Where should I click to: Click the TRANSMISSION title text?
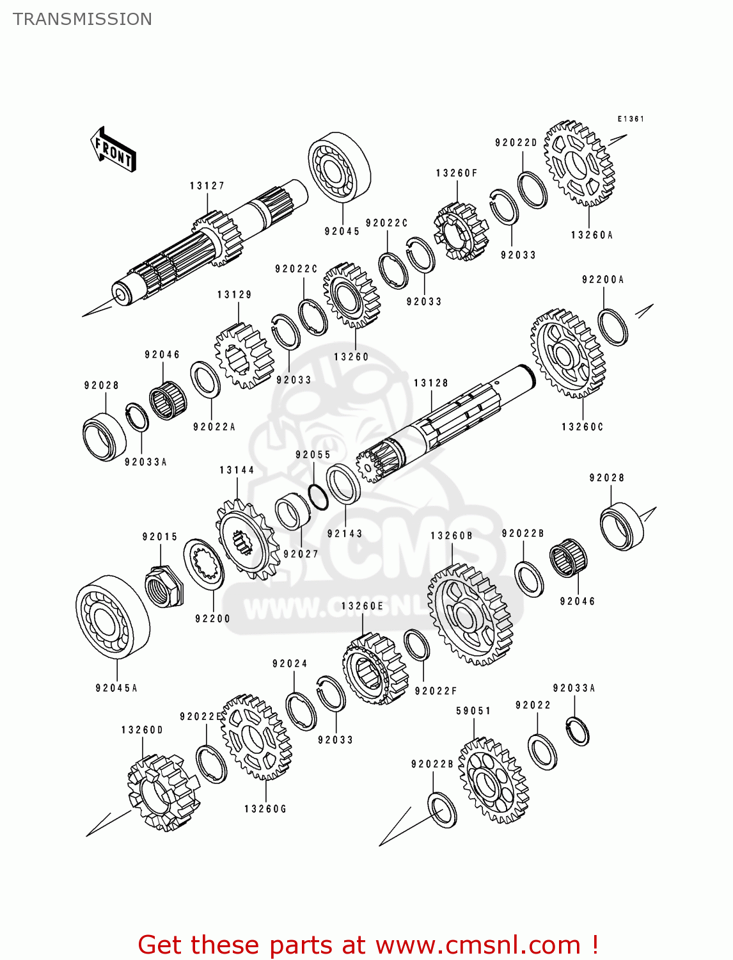(x=83, y=19)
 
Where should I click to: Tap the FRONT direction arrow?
(x=113, y=150)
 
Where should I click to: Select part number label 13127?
(x=207, y=186)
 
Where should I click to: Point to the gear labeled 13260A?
(x=579, y=164)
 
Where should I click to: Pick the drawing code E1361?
(x=630, y=119)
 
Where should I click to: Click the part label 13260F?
(x=457, y=173)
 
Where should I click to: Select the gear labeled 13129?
(x=244, y=356)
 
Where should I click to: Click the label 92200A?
(x=603, y=280)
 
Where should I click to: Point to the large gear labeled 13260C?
(x=567, y=353)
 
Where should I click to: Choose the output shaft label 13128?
(x=431, y=383)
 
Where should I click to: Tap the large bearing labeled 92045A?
(x=113, y=617)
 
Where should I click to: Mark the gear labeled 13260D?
(x=155, y=792)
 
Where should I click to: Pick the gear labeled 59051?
(x=493, y=780)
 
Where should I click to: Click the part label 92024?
(x=290, y=664)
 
